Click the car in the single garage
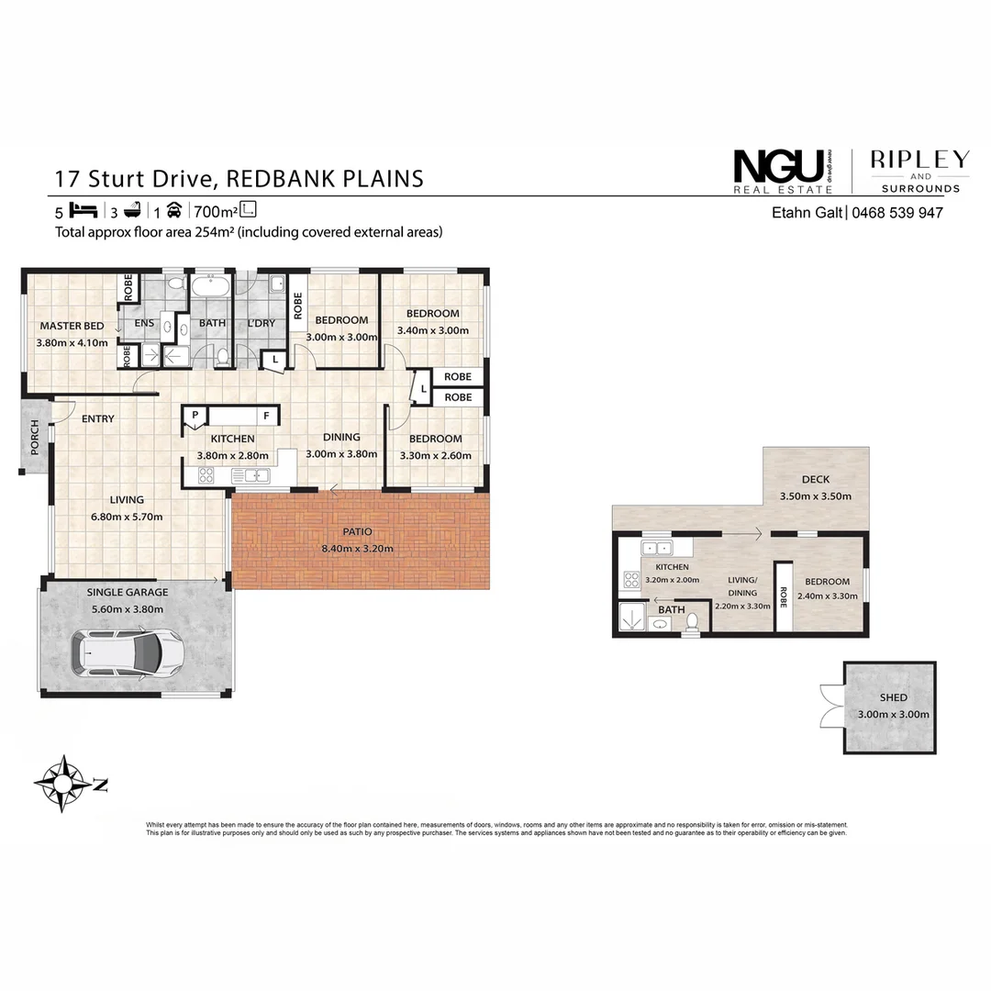click(130, 653)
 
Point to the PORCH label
click(35, 434)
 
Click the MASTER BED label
click(72, 326)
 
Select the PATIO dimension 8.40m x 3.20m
click(357, 549)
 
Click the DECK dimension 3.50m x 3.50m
click(816, 496)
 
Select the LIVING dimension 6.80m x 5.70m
click(127, 517)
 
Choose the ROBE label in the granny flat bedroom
click(785, 597)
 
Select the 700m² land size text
click(216, 210)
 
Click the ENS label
click(145, 323)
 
